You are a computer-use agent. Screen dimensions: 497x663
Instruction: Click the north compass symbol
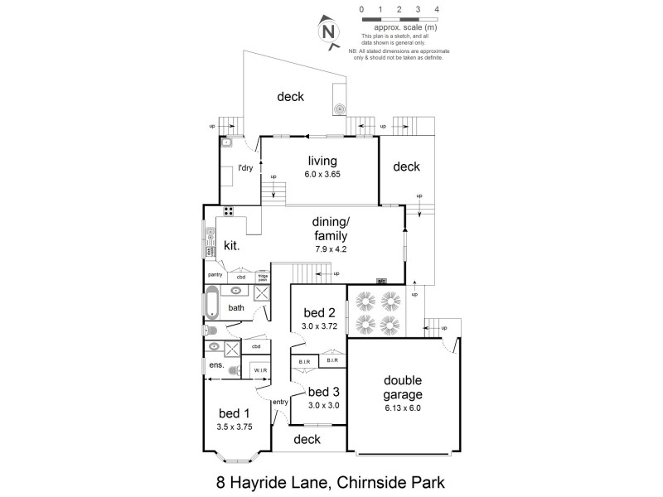[x=330, y=32]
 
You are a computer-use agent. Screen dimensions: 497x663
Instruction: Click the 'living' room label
[x=322, y=161]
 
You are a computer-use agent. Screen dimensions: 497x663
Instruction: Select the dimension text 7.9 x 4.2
[x=334, y=248]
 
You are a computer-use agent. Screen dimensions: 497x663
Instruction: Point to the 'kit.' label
[x=231, y=245]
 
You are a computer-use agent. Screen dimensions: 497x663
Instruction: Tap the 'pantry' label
[x=215, y=274]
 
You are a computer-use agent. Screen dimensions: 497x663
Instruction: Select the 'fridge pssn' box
[x=262, y=277]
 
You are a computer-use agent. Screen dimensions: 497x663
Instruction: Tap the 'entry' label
[x=279, y=402]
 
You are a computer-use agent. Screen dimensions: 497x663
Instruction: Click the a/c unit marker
[x=382, y=281]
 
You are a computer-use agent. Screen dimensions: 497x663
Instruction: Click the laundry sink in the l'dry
[x=227, y=142]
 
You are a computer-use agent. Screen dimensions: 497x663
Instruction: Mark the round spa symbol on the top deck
[x=339, y=108]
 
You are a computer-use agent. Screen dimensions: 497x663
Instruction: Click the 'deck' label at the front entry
[x=307, y=439]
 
